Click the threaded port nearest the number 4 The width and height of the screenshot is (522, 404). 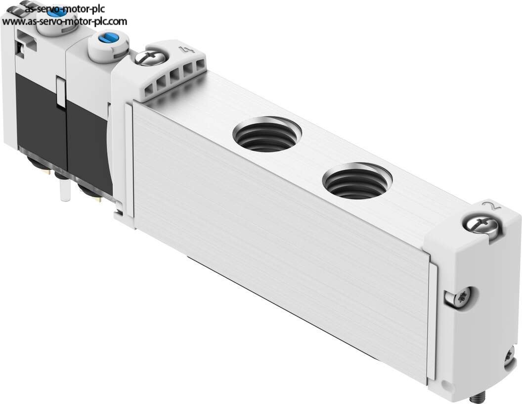[x=267, y=134]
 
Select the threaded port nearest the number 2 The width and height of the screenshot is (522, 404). [x=357, y=181]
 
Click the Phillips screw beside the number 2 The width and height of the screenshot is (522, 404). [x=481, y=226]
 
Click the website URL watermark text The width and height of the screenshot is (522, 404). [x=65, y=21]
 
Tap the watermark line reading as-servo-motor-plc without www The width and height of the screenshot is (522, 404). [x=65, y=8]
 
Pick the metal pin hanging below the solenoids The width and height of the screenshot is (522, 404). [x=64, y=190]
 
